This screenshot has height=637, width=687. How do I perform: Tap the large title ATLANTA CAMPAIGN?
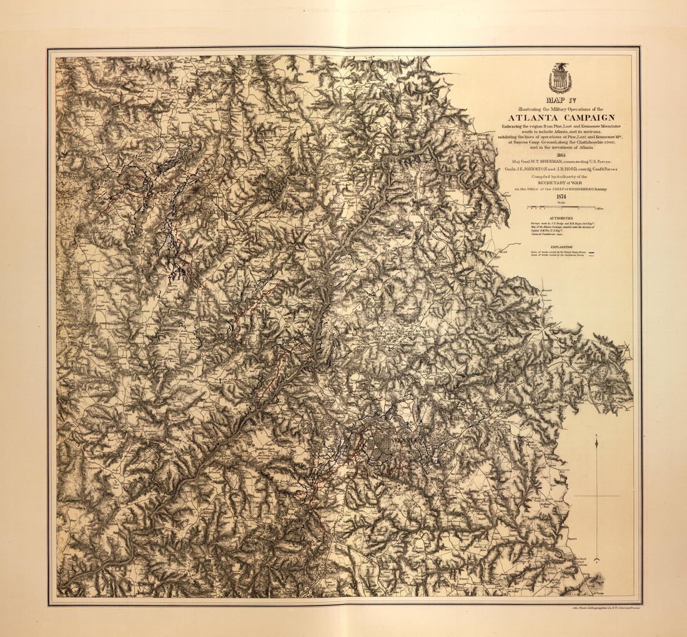pos(561,118)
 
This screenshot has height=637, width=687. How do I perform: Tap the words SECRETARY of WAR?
pos(560,183)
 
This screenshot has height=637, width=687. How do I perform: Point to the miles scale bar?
pos(561,206)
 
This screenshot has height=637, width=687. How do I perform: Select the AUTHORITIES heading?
pos(561,218)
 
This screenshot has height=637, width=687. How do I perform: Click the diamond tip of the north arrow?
pos(596,443)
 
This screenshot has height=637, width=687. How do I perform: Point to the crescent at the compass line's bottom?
pos(596,559)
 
